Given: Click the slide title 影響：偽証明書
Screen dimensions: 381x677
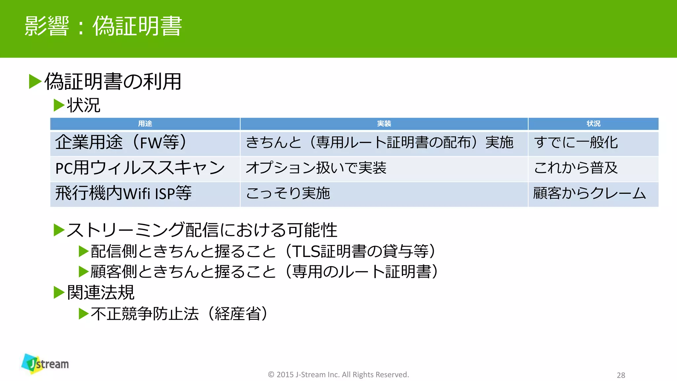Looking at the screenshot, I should pos(103,26).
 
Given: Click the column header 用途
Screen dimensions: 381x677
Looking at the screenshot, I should pos(145,124).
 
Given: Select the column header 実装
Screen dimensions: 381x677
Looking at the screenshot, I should pos(384,124).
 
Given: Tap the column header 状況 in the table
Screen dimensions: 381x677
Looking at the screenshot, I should pos(593,124).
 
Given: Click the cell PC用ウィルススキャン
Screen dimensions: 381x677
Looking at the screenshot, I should pos(140,168).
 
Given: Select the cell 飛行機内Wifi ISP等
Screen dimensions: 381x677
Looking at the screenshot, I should pos(123,193).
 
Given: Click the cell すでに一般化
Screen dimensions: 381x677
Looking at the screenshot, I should pos(576,143).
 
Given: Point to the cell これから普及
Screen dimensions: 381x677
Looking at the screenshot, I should pos(576,168).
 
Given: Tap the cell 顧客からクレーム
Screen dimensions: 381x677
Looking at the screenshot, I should pos(589,193).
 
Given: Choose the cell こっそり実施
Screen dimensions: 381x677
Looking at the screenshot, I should pos(288,193).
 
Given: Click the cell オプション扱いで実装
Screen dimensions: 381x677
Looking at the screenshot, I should pos(316,168).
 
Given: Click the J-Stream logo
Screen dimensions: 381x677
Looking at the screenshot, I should pos(45,364).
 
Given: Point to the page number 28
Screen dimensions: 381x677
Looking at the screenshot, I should pos(621,375).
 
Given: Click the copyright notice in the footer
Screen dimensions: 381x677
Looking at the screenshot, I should pos(338,375).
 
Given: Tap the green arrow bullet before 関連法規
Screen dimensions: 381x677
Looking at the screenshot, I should pos(59,292).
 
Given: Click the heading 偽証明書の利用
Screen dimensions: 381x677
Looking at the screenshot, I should pos(113,82).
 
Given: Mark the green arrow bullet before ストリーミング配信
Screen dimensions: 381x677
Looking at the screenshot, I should pos(59,230).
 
